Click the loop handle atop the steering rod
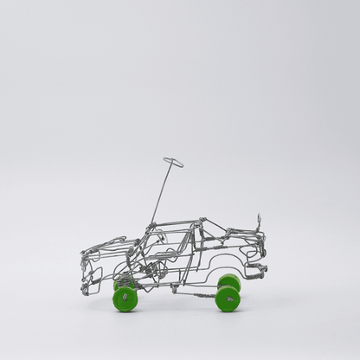coord(173,162)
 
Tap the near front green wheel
coord(125,299)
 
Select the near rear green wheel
coord(228,299)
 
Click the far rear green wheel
coord(230,280)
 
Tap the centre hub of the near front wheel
coord(125,299)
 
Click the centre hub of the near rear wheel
coord(228,299)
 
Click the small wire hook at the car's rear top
coord(258,221)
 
